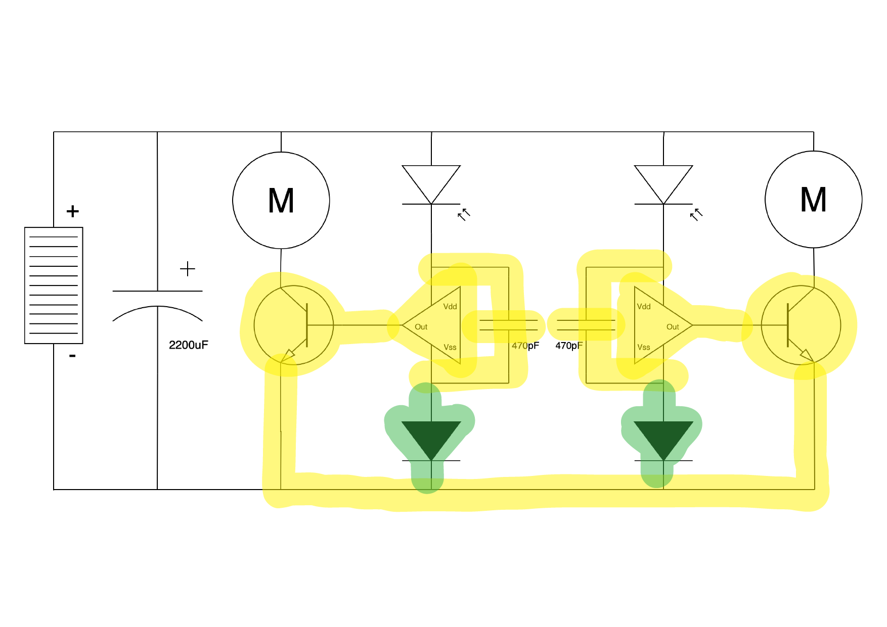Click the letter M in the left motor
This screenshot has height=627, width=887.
pos(281,201)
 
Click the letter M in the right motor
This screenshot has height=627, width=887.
pos(813,200)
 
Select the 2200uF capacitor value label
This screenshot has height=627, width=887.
pos(188,345)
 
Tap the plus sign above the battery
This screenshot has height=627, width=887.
pos(72,211)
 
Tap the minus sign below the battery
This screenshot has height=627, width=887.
pos(72,356)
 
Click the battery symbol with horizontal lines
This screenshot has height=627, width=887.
pos(54,285)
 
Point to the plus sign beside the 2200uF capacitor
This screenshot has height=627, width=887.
pos(187,269)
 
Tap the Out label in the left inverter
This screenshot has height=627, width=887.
pos(421,327)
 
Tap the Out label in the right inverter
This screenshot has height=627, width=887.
pos(672,327)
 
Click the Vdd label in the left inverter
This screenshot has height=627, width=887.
pos(450,307)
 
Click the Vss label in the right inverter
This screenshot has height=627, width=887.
pos(643,347)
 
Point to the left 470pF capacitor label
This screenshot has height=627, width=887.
pos(525,346)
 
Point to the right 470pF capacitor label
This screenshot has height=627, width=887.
pos(569,346)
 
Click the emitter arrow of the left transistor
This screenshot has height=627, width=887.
pos(288,355)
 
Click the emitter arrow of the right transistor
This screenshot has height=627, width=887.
pos(806,355)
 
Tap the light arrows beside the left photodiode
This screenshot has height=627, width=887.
pos(464,215)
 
